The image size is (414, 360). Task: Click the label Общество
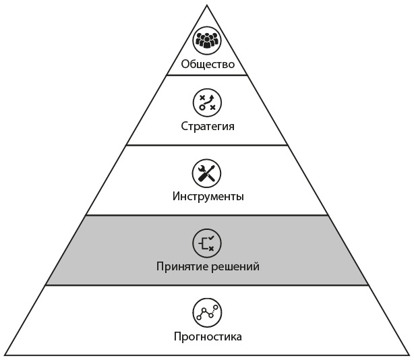(207, 65)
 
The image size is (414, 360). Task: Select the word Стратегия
(207, 126)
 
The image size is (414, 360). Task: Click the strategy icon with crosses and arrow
(207, 102)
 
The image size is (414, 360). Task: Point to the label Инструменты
(207, 197)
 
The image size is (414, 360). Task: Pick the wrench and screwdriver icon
(207, 173)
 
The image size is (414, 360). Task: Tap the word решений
(235, 266)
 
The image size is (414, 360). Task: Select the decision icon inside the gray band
(207, 243)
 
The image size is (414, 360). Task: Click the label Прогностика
(207, 336)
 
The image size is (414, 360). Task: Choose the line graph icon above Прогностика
(207, 312)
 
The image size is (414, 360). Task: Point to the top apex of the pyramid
(207, 5)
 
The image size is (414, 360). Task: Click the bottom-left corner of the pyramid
(5, 355)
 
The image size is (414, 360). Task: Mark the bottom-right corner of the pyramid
(409, 355)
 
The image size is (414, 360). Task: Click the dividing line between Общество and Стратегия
(207, 76)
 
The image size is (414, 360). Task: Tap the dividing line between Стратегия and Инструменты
(207, 145)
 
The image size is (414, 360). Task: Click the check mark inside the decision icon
(211, 237)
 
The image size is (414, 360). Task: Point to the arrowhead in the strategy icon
(212, 97)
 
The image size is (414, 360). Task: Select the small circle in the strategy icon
(202, 108)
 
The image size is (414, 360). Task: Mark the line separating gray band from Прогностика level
(207, 285)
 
